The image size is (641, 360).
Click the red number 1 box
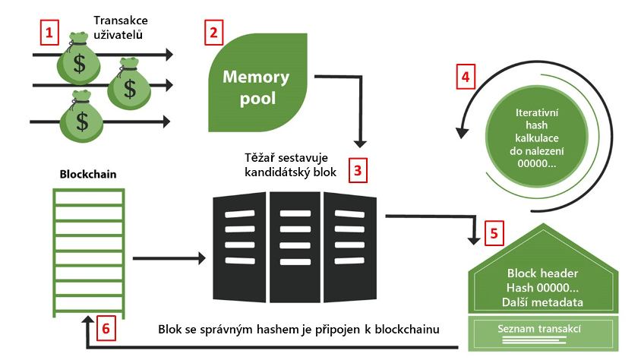coord(49,33)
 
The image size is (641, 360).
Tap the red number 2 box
coord(214,33)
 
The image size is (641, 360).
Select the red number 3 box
coord(358,170)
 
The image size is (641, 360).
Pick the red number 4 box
coord(466,77)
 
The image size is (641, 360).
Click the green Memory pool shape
coord(255,85)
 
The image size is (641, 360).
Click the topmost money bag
coord(79,59)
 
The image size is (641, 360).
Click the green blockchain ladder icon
coord(87,250)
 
